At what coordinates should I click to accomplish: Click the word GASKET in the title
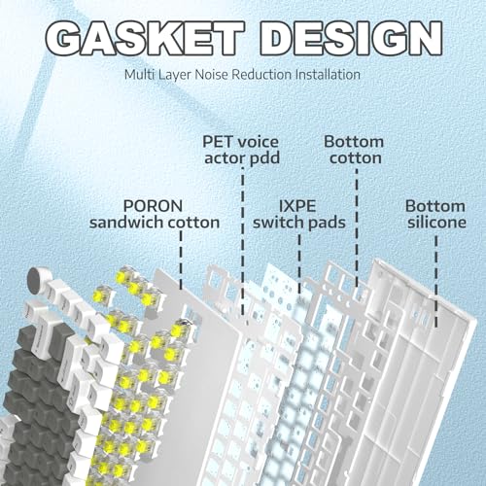point(145,39)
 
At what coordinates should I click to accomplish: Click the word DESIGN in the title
point(351,39)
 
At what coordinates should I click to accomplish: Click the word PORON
point(154,206)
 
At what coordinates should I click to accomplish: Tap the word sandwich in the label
point(127,223)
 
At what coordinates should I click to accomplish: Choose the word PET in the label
point(218,142)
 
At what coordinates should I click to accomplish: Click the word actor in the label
point(225,158)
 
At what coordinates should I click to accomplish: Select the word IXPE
point(297,206)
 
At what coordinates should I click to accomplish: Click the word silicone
point(436,223)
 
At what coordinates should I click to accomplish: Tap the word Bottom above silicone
point(435,206)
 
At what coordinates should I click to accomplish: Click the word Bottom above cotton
point(354,142)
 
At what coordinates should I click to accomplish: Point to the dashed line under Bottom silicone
point(436,281)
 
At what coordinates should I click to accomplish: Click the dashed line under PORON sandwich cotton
point(181,260)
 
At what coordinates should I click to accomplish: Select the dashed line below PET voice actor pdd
point(243,241)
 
